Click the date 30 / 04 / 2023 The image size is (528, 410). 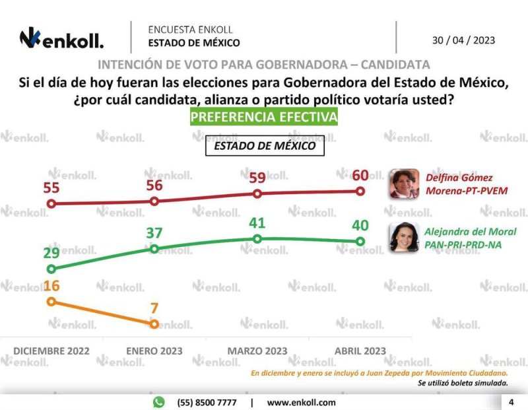(463, 40)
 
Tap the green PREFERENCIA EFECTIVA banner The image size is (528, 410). (264, 117)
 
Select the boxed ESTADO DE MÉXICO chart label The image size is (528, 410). (265, 146)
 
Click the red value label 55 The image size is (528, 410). (51, 188)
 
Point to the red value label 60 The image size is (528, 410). (360, 175)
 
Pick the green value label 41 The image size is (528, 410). (257, 223)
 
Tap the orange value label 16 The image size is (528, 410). (51, 285)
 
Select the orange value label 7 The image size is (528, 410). (154, 308)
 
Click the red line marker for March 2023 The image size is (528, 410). (257, 193)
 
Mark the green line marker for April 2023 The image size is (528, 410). (360, 242)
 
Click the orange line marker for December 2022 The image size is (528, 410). (51, 301)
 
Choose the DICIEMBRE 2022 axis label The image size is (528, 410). (51, 351)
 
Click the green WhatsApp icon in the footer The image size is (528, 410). (158, 402)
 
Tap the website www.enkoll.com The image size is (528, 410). (301, 402)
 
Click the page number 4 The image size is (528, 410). (511, 402)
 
